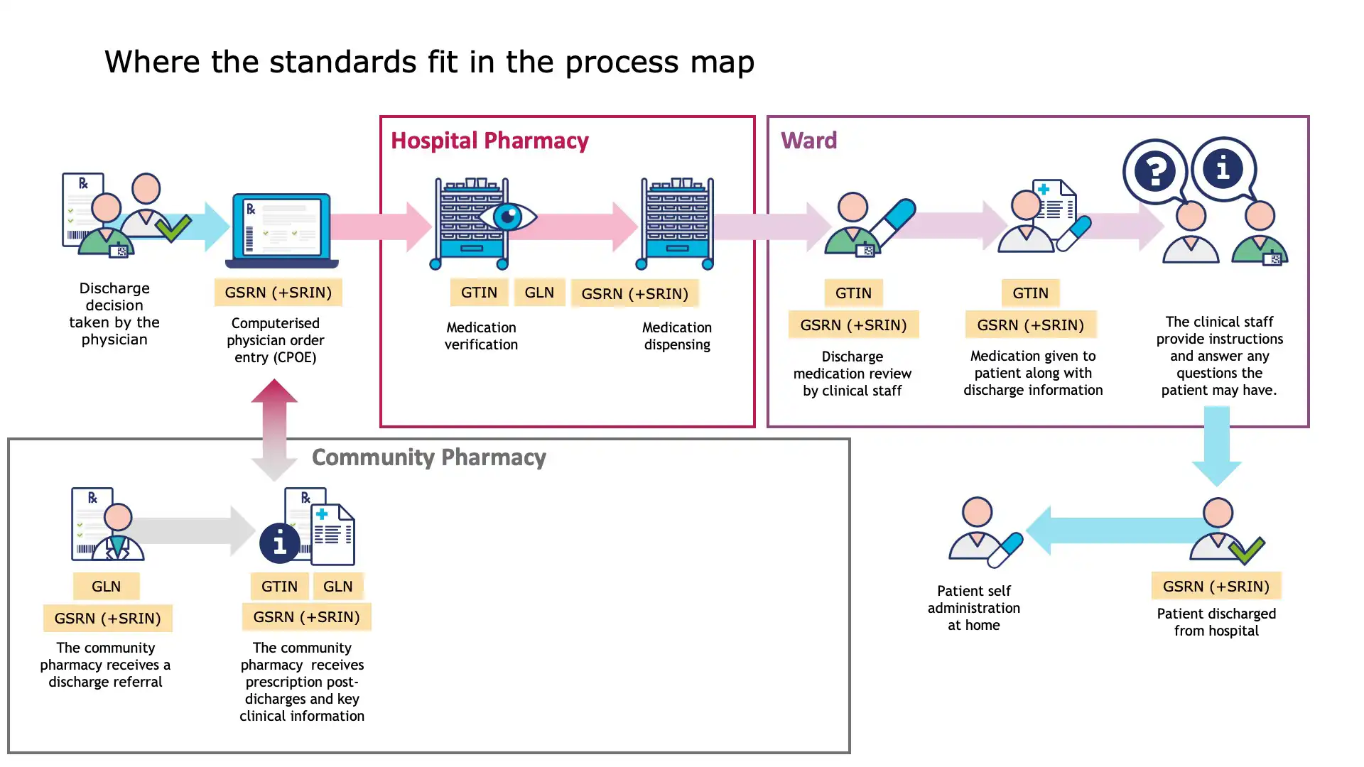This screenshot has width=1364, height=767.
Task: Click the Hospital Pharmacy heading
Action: point(489,141)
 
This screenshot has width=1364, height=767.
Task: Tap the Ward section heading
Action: point(808,141)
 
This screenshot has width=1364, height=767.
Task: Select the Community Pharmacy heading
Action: point(428,457)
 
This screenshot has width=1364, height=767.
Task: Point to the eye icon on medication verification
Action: point(508,217)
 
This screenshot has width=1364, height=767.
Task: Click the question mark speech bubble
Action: point(1155,171)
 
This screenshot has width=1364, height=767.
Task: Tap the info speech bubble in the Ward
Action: point(1223,169)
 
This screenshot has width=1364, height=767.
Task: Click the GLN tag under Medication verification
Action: point(539,293)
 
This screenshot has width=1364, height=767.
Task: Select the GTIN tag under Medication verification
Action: point(479,293)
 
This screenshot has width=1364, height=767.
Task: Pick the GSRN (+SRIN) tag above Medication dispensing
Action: point(634,294)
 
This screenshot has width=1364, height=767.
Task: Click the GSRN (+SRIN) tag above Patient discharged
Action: point(1216,587)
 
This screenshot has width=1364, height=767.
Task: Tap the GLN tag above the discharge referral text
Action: point(106,587)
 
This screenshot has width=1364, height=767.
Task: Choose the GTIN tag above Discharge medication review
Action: point(853,293)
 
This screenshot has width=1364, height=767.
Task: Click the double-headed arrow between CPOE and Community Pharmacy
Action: point(274,430)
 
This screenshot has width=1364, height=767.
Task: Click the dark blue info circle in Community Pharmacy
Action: point(280,544)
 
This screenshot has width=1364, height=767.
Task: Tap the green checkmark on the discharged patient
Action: point(1247,550)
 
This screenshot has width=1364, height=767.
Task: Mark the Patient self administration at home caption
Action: point(973,608)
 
